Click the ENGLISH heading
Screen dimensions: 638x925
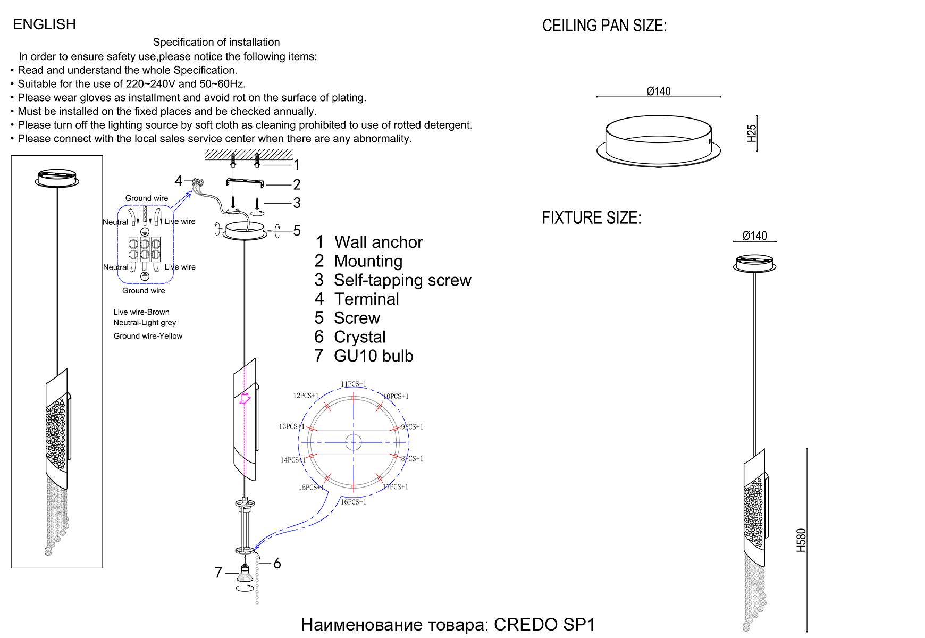click(45, 24)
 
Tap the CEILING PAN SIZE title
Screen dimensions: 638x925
click(604, 26)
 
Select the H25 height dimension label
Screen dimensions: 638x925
click(751, 133)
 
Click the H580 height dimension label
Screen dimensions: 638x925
click(801, 540)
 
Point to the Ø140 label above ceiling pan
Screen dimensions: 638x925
click(658, 91)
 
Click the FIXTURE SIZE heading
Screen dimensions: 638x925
click(591, 218)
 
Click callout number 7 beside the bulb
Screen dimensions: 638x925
click(218, 573)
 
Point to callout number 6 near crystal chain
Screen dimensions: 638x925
click(277, 564)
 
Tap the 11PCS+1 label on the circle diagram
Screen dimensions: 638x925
click(354, 384)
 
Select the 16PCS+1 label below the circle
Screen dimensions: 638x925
click(354, 502)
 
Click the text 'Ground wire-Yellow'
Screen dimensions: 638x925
click(148, 336)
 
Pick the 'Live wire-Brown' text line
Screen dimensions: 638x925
click(141, 312)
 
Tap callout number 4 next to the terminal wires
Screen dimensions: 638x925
click(179, 181)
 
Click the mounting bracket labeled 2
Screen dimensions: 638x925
click(245, 182)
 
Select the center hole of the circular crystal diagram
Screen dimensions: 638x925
click(354, 442)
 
